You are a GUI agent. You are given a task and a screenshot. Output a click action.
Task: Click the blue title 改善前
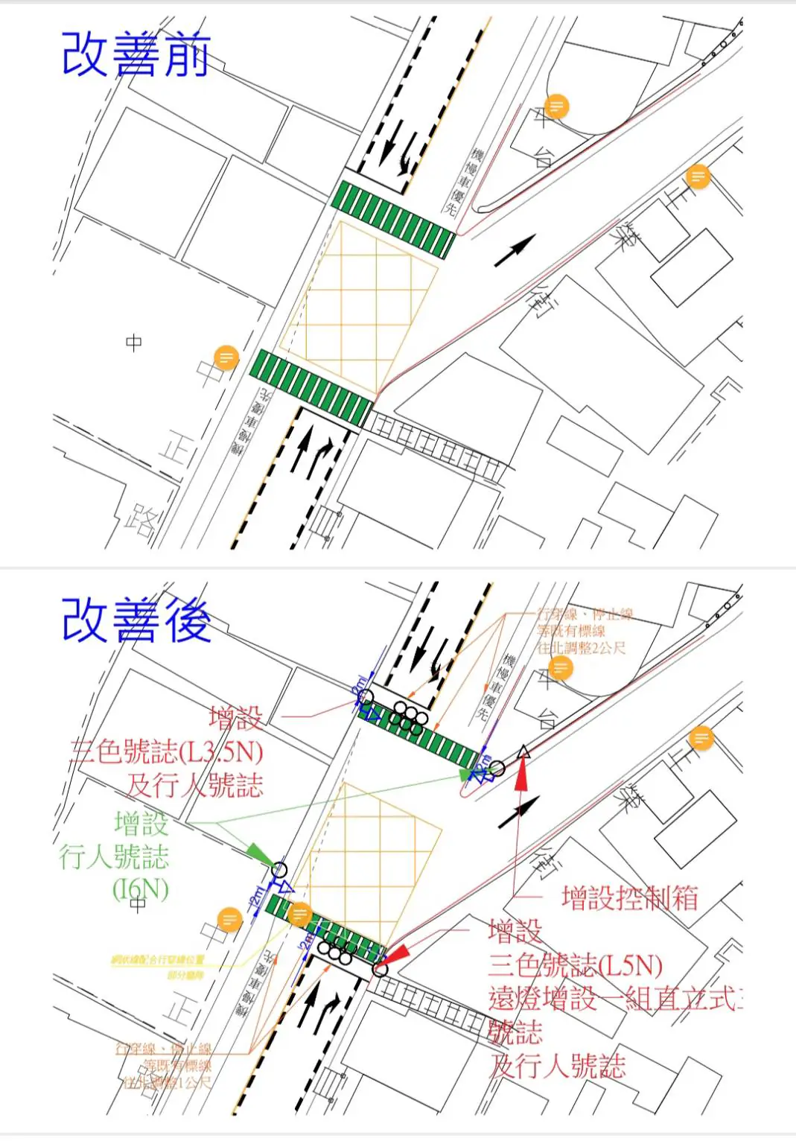click(136, 54)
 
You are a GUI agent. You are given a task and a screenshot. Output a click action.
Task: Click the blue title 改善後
click(136, 620)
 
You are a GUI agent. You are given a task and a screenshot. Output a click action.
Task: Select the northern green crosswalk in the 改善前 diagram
click(392, 220)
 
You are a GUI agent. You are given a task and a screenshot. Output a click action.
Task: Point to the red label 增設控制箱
click(629, 897)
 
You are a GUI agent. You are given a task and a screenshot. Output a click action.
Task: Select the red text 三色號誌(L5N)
click(576, 966)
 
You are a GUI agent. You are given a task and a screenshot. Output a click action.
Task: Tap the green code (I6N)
click(141, 889)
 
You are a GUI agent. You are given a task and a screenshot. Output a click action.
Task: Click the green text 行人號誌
click(114, 856)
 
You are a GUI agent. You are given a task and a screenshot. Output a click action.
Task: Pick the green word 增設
click(141, 824)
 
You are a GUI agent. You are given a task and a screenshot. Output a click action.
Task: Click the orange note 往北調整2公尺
click(582, 648)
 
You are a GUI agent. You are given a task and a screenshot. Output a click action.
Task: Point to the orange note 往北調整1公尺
click(168, 1081)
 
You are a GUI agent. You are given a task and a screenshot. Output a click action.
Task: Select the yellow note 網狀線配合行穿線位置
click(157, 959)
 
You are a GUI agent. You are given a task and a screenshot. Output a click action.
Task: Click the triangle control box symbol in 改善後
click(523, 752)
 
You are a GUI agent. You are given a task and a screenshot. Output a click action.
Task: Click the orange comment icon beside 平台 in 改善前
click(555, 107)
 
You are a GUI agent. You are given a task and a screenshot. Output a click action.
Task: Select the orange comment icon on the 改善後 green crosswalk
click(300, 913)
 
